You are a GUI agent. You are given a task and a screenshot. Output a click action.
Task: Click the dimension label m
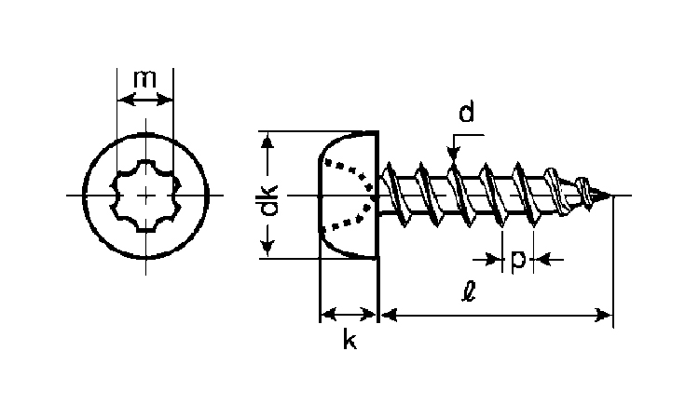pos(144,79)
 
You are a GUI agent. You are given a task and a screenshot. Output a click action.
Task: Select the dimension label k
pos(349,341)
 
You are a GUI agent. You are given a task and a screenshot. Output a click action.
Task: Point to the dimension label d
pos(467,113)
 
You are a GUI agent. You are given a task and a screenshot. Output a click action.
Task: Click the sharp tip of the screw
pos(611,196)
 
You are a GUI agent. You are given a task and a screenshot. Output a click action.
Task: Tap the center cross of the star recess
pos(146,196)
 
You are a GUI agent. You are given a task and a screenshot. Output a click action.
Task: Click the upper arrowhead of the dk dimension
pos(268,140)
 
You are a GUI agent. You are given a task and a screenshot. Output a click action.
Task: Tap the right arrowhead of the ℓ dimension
pos(606,316)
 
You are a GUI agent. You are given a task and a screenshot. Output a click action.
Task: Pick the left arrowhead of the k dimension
pos(326,316)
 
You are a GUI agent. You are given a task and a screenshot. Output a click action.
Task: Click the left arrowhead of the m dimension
pos(122,98)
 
